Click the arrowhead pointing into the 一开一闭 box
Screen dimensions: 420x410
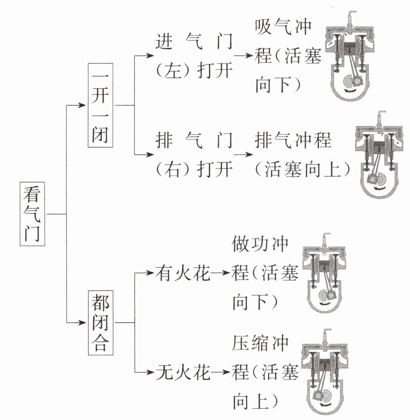(83, 105)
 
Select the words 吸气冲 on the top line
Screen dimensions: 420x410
(283, 27)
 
